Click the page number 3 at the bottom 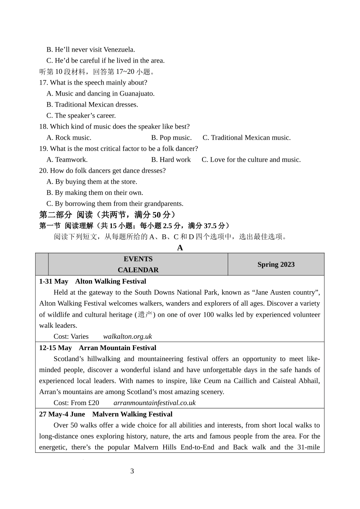[132, 471]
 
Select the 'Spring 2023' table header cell [276, 264]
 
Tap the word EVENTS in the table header [138, 259]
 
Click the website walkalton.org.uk [127, 336]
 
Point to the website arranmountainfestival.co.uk [155, 403]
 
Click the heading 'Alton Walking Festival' [111, 281]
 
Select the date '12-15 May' [55, 348]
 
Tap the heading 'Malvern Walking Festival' [132, 414]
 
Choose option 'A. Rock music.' [69, 138]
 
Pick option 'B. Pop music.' [171, 138]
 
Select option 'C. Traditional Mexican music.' [247, 138]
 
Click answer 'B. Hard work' [171, 160]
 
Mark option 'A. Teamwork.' [67, 160]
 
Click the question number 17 [43, 83]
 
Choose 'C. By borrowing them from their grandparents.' [115, 204]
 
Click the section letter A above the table [180, 248]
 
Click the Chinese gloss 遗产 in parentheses [145, 315]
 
